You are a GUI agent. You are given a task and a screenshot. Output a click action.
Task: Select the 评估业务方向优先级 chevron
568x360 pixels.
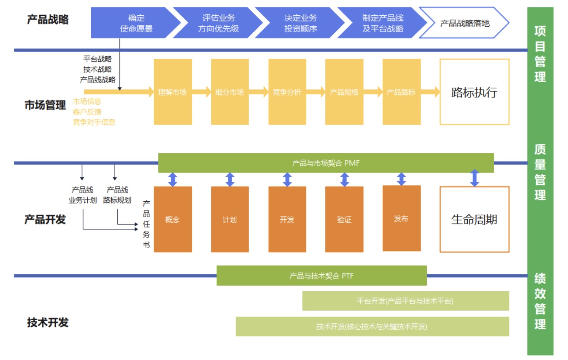click(218, 23)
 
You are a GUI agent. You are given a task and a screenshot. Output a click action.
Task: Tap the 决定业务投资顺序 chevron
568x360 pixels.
click(301, 23)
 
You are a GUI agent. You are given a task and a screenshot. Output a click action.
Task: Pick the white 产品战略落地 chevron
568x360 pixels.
click(465, 23)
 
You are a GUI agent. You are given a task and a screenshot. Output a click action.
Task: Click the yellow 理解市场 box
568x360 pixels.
click(173, 92)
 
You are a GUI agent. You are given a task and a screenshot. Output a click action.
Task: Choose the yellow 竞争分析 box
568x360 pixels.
click(287, 92)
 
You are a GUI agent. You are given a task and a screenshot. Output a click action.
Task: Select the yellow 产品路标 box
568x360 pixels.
click(401, 92)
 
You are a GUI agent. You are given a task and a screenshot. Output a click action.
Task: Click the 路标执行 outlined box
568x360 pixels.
click(474, 92)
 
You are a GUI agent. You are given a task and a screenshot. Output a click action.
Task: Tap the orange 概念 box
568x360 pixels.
click(173, 219)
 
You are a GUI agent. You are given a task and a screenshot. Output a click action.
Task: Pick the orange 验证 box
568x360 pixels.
click(344, 219)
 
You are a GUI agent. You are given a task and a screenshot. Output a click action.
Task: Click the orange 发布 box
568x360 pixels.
click(401, 219)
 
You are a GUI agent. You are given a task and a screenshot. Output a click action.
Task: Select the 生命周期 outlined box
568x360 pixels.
click(474, 219)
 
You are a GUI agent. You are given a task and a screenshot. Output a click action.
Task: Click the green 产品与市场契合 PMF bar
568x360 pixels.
click(326, 163)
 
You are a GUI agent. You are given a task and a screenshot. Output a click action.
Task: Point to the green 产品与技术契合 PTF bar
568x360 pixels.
click(321, 276)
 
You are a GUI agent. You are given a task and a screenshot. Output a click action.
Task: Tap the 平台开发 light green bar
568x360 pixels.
click(406, 301)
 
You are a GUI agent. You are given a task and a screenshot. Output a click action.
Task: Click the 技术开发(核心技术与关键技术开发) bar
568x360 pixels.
click(372, 327)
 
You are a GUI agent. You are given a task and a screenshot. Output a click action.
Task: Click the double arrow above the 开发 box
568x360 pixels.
click(287, 180)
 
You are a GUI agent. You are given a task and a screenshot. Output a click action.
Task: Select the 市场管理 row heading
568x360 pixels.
click(45, 105)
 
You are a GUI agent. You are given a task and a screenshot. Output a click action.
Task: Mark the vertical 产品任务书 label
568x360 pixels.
click(146, 224)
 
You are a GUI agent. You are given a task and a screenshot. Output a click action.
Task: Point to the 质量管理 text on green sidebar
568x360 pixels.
click(540, 172)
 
